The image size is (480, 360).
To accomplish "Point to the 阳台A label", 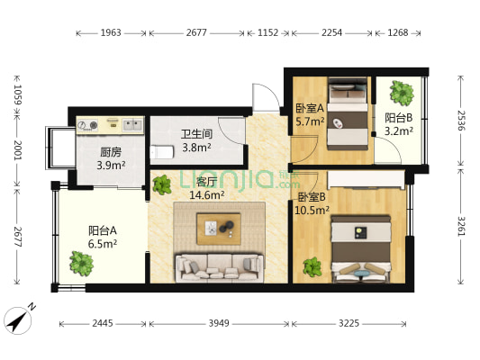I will (x=79, y=236).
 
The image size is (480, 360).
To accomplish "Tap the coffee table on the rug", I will (x=219, y=229).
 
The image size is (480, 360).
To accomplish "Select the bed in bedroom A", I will (x=347, y=114).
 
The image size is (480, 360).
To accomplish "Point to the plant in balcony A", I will (x=81, y=263).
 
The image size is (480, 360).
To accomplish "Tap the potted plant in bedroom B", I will (x=312, y=266).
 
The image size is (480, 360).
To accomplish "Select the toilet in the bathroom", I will (x=159, y=152).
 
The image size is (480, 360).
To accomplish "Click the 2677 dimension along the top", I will (x=196, y=33).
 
